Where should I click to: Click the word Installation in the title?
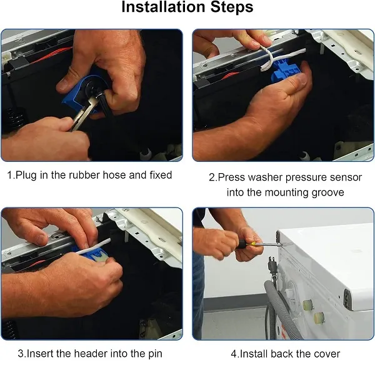[163, 7]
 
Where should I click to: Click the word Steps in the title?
[232, 7]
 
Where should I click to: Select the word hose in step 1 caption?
[114, 175]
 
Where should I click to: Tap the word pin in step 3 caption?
[155, 354]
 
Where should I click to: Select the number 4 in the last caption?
[234, 354]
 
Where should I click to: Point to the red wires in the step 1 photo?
[51, 55]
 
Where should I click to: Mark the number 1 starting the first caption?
[9, 175]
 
